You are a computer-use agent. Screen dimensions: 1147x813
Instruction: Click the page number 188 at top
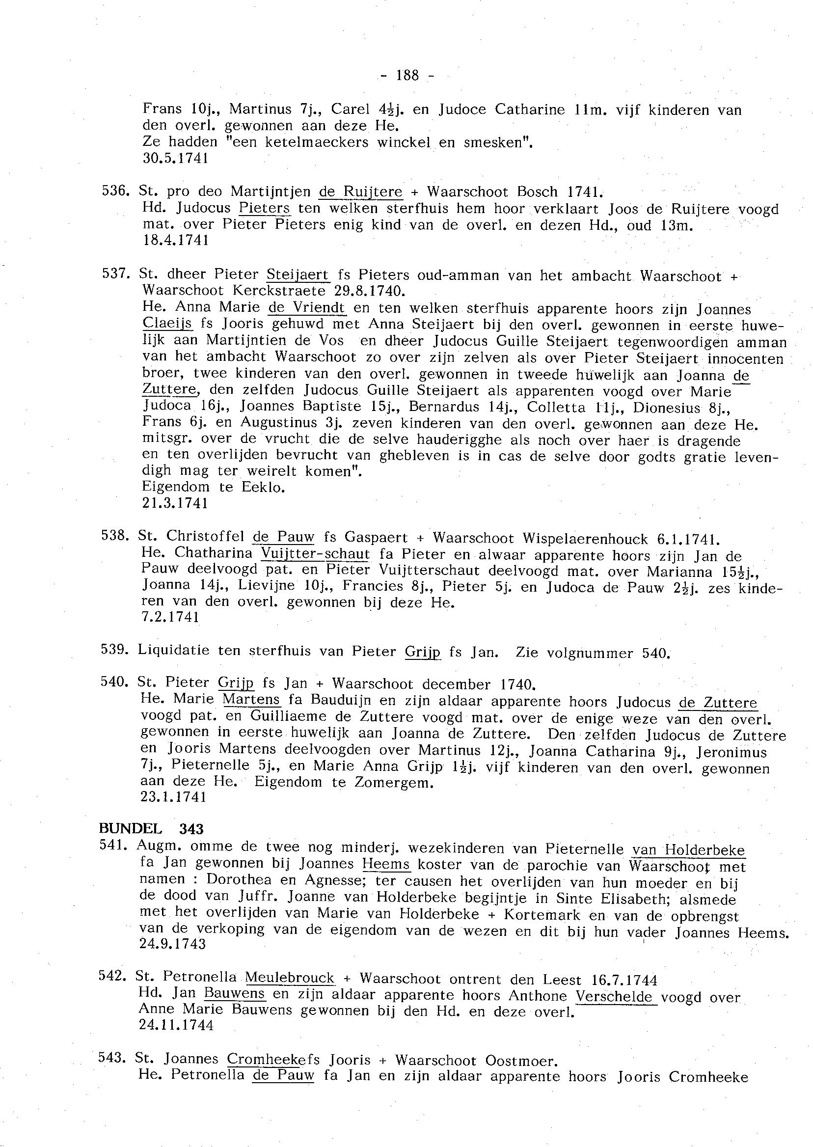pos(407,76)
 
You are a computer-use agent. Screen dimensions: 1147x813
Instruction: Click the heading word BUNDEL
pos(130,829)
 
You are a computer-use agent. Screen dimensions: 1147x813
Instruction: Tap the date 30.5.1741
pos(175,159)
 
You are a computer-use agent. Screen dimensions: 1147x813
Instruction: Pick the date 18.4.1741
pos(175,241)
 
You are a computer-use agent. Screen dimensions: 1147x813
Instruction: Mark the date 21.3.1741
pos(175,503)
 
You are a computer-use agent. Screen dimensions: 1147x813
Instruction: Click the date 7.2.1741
pos(171,618)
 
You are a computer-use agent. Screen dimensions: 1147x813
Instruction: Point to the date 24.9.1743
pos(173,944)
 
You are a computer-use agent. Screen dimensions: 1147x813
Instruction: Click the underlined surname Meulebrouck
pos(290,977)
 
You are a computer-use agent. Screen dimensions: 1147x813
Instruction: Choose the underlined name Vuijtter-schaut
pos(315,554)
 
